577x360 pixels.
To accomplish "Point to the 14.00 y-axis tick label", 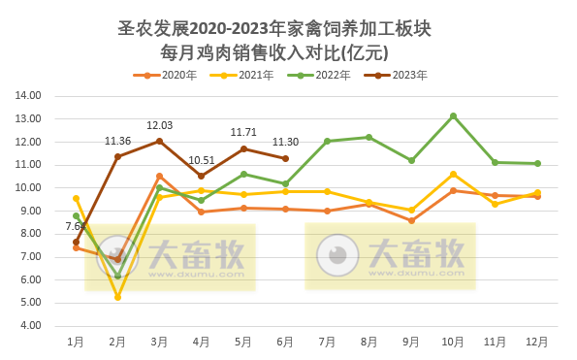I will pos(27,96).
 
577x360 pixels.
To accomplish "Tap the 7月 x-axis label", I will pos(328,342).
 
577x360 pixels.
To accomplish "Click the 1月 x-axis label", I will pos(76,342).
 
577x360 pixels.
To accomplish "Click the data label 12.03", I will pos(159,125).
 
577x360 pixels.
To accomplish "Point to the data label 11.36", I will pos(117,141).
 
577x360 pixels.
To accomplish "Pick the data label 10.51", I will pos(202,160).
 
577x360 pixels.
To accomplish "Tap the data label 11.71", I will pos(243,132).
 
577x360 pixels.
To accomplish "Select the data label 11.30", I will pos(285,142).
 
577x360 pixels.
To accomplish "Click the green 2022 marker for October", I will pos(453,115).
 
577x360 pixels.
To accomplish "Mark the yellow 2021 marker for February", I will pos(117,297).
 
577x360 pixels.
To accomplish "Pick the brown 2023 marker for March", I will pos(159,141).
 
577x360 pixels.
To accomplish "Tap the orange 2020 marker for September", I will pos(411,221).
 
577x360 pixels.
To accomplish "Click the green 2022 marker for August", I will pos(369,137).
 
